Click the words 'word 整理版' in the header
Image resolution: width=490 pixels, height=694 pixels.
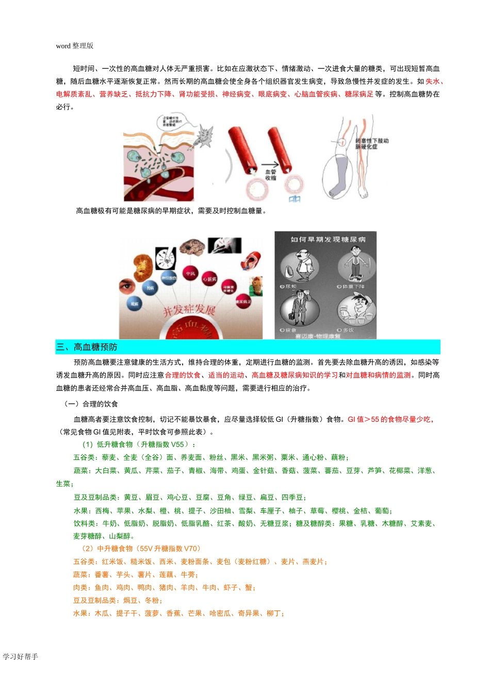click(75, 46)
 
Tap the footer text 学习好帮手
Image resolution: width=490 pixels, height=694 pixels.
click(21, 656)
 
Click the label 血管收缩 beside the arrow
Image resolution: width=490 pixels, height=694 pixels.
click(271, 175)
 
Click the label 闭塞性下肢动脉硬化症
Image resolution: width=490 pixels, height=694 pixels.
click(371, 143)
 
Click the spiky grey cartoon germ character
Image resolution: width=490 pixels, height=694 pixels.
click(205, 136)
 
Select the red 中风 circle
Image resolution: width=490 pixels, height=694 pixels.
click(190, 273)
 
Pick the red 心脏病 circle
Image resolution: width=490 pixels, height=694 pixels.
click(209, 279)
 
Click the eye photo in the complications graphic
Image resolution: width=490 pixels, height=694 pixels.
click(127, 286)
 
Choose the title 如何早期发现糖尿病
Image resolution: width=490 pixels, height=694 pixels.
click(328, 239)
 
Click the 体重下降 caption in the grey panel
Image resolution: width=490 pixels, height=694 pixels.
click(353, 286)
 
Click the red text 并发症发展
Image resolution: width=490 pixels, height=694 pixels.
click(189, 310)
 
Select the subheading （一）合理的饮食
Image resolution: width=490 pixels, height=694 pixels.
click(91, 404)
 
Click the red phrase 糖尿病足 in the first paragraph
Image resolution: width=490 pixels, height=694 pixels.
click(359, 94)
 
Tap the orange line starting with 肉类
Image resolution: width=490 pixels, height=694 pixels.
click(164, 587)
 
